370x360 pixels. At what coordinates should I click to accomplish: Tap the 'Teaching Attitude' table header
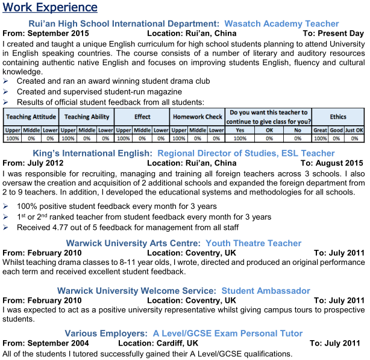click(x=31, y=116)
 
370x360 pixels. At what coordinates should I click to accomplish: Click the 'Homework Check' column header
click(x=197, y=116)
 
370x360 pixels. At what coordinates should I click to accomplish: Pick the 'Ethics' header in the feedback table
click(x=338, y=116)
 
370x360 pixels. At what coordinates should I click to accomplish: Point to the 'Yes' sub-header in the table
click(x=240, y=130)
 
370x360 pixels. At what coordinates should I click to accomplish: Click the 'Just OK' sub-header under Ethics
click(x=355, y=130)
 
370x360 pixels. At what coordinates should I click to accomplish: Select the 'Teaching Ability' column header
click(x=87, y=116)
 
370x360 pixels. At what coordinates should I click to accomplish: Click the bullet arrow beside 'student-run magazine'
click(x=6, y=92)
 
